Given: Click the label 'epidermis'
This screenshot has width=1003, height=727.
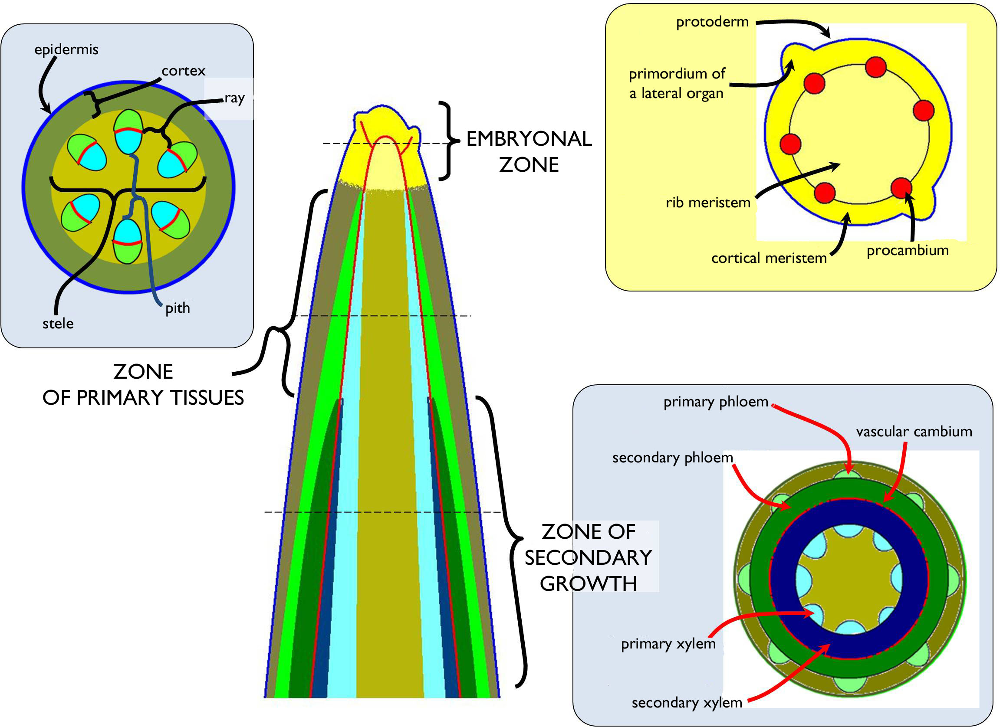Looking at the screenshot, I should [66, 49].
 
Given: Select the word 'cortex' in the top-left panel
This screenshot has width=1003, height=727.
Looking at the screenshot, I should [183, 71].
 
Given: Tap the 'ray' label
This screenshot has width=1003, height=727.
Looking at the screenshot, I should [234, 98].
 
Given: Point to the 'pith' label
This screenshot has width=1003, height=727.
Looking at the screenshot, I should [178, 308].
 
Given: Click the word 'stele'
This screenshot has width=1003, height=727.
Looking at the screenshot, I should [58, 324].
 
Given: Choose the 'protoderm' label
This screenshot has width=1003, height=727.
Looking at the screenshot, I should [712, 22].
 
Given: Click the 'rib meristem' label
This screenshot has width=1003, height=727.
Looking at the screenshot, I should [708, 203].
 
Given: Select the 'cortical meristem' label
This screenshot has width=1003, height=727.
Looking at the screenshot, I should [769, 258].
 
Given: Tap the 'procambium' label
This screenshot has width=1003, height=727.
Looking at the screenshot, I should [908, 250].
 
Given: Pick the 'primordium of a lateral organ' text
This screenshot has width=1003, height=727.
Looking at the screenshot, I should [677, 83].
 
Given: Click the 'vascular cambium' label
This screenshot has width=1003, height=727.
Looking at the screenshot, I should [914, 431].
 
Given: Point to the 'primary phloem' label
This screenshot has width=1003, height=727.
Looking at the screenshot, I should [716, 402].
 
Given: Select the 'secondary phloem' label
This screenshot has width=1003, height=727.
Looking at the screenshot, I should [672, 458].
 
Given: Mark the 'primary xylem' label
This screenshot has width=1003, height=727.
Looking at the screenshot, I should [668, 644].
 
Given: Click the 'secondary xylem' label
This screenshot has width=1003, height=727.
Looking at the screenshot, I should [686, 703].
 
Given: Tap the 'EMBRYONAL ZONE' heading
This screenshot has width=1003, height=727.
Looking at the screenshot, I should [529, 151].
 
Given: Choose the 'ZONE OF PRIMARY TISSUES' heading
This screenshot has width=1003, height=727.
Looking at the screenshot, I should [143, 384].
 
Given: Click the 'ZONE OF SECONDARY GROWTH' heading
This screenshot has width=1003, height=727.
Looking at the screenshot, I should [588, 558].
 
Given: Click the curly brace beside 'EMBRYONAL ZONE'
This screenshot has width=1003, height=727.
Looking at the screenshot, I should [447, 141].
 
